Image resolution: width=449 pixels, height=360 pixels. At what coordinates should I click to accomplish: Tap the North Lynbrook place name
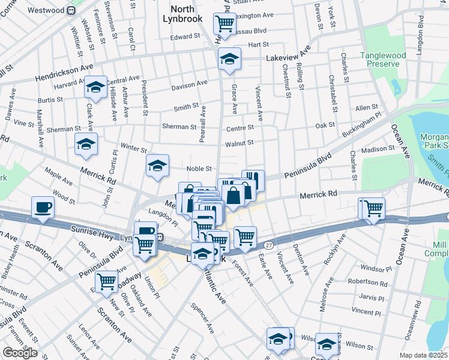tap(182, 14)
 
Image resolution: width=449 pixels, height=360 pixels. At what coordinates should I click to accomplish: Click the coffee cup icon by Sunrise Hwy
tap(43, 208)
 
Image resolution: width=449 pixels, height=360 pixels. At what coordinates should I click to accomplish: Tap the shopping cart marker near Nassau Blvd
tap(224, 23)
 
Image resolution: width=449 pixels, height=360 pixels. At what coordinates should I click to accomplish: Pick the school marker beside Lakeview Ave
tap(229, 59)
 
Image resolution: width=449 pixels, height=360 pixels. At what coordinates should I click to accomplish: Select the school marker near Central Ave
tap(95, 88)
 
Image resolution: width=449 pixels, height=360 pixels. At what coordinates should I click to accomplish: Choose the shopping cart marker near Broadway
tap(106, 280)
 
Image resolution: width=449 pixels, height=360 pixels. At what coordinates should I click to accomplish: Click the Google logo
tap(20, 353)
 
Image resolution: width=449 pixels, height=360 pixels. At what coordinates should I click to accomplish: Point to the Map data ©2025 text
tap(424, 355)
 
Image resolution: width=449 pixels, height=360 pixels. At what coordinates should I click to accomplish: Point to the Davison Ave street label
tap(189, 86)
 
